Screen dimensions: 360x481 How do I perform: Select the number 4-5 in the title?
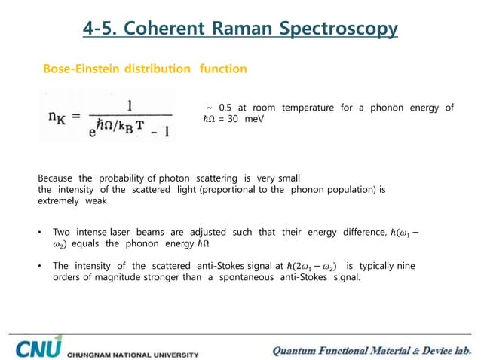pos(100,29)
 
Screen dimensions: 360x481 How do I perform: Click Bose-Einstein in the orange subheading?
pos(79,69)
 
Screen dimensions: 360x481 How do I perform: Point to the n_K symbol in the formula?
pos(56,117)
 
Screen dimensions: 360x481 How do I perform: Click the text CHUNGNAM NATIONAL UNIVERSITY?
pos(133,353)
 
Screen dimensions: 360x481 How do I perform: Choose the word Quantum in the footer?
pos(299,349)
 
